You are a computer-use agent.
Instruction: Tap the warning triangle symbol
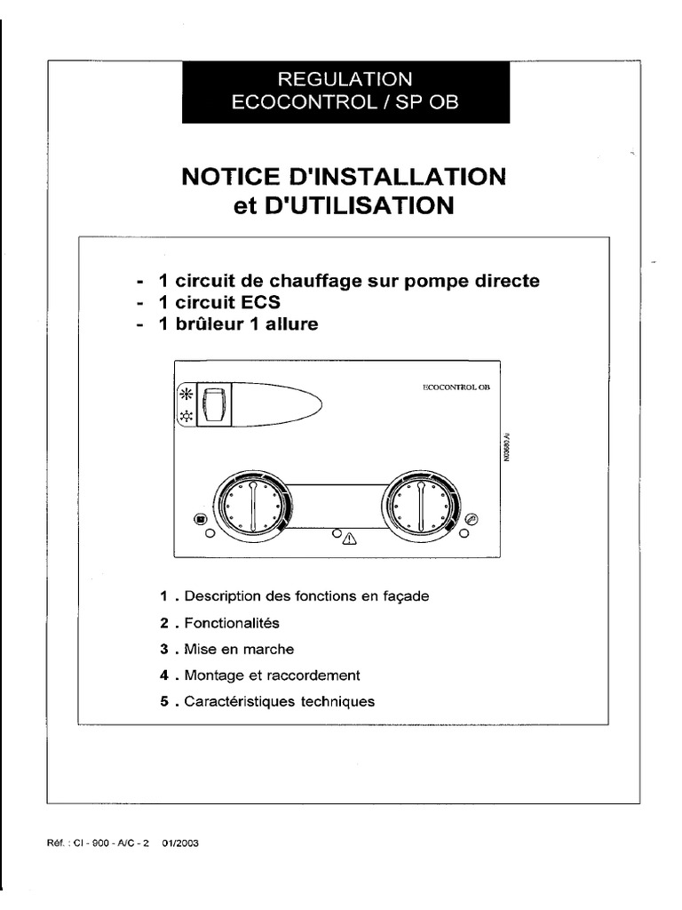(x=349, y=539)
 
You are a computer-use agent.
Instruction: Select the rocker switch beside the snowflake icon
(x=211, y=406)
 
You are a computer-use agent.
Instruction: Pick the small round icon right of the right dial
(x=472, y=519)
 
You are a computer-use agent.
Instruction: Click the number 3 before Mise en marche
(x=164, y=649)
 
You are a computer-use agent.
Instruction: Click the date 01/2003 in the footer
(x=180, y=845)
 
